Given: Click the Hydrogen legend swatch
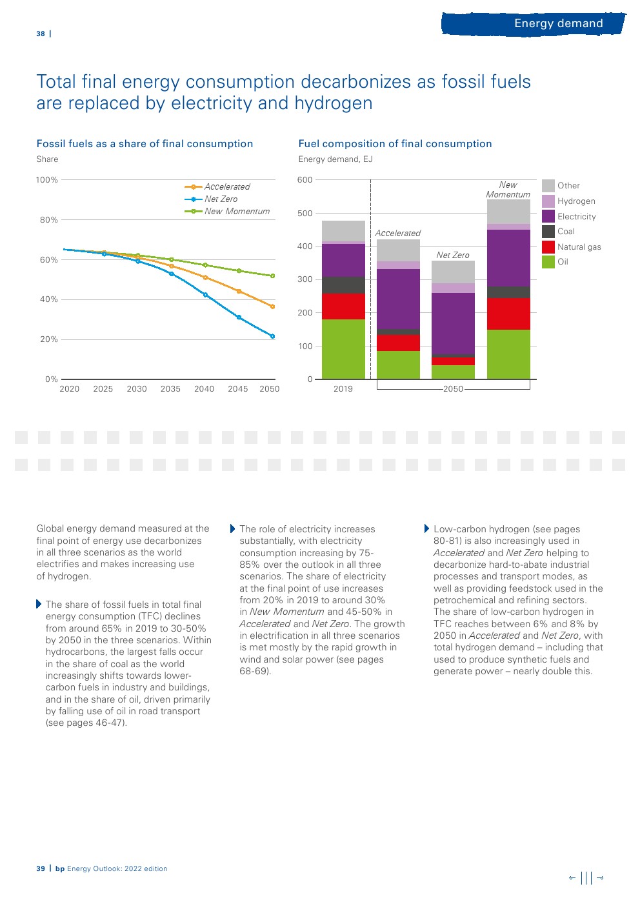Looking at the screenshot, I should coord(548,201).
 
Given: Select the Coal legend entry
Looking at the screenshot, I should coord(566,232).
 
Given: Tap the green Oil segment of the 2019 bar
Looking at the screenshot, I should coord(343,349).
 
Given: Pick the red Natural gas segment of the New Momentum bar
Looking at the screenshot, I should coord(508,314).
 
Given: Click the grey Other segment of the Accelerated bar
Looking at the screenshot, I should coord(398,250).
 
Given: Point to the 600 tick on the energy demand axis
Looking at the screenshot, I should coord(305,180).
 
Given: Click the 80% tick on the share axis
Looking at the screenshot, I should coord(49,220).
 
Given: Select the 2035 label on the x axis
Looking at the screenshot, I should coord(170,389).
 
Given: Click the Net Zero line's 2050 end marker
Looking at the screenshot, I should coord(272,337).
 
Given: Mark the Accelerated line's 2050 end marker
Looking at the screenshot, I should coord(272,306).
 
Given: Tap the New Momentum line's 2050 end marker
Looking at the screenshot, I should coord(272,276).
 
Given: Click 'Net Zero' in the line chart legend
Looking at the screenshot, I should coord(221,199).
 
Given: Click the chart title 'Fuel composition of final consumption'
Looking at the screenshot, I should coord(395,144).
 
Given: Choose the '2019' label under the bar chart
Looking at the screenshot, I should coord(343,389).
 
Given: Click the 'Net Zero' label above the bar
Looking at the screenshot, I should coord(453,256).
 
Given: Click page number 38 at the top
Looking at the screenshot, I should coord(41,34).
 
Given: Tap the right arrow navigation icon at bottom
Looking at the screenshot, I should coord(601,877).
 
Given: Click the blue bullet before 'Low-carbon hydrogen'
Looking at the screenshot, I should coord(426,529).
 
